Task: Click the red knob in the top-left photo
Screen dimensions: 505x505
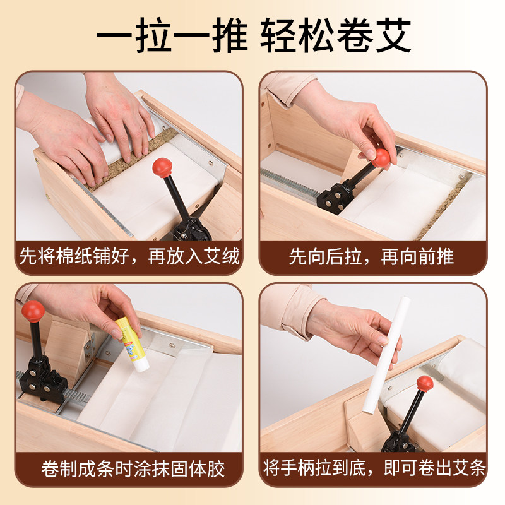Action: [x=162, y=167]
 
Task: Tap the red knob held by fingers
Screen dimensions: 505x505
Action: [x=381, y=158]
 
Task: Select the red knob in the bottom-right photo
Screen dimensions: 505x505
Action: [x=425, y=383]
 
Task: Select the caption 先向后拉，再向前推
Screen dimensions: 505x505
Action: [x=371, y=257]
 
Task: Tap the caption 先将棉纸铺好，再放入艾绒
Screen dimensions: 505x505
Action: [x=129, y=257]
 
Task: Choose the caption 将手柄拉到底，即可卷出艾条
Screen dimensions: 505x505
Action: [x=374, y=468]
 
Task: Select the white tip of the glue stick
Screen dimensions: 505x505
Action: [x=141, y=366]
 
